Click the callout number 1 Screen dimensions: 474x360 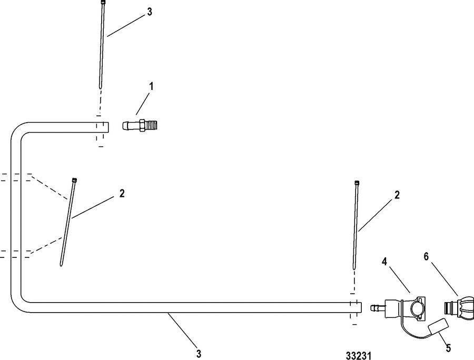point(151,87)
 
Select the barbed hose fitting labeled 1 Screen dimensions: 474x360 point(140,125)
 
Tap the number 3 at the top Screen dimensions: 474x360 point(150,12)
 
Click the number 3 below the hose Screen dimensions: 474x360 point(199,354)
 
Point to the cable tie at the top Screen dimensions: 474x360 point(102,44)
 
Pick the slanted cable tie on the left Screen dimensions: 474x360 point(68,222)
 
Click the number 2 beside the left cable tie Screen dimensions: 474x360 point(122,193)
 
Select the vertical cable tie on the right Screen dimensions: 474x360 point(355,225)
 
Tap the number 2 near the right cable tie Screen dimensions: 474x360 point(397,195)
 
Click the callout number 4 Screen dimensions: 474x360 point(384,262)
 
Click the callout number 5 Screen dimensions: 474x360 point(448,348)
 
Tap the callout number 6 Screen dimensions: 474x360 point(426,257)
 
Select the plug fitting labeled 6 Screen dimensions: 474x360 point(459,308)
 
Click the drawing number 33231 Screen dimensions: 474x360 point(359,355)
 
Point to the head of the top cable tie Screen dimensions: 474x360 point(103,2)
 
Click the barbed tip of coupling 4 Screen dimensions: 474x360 point(375,308)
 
